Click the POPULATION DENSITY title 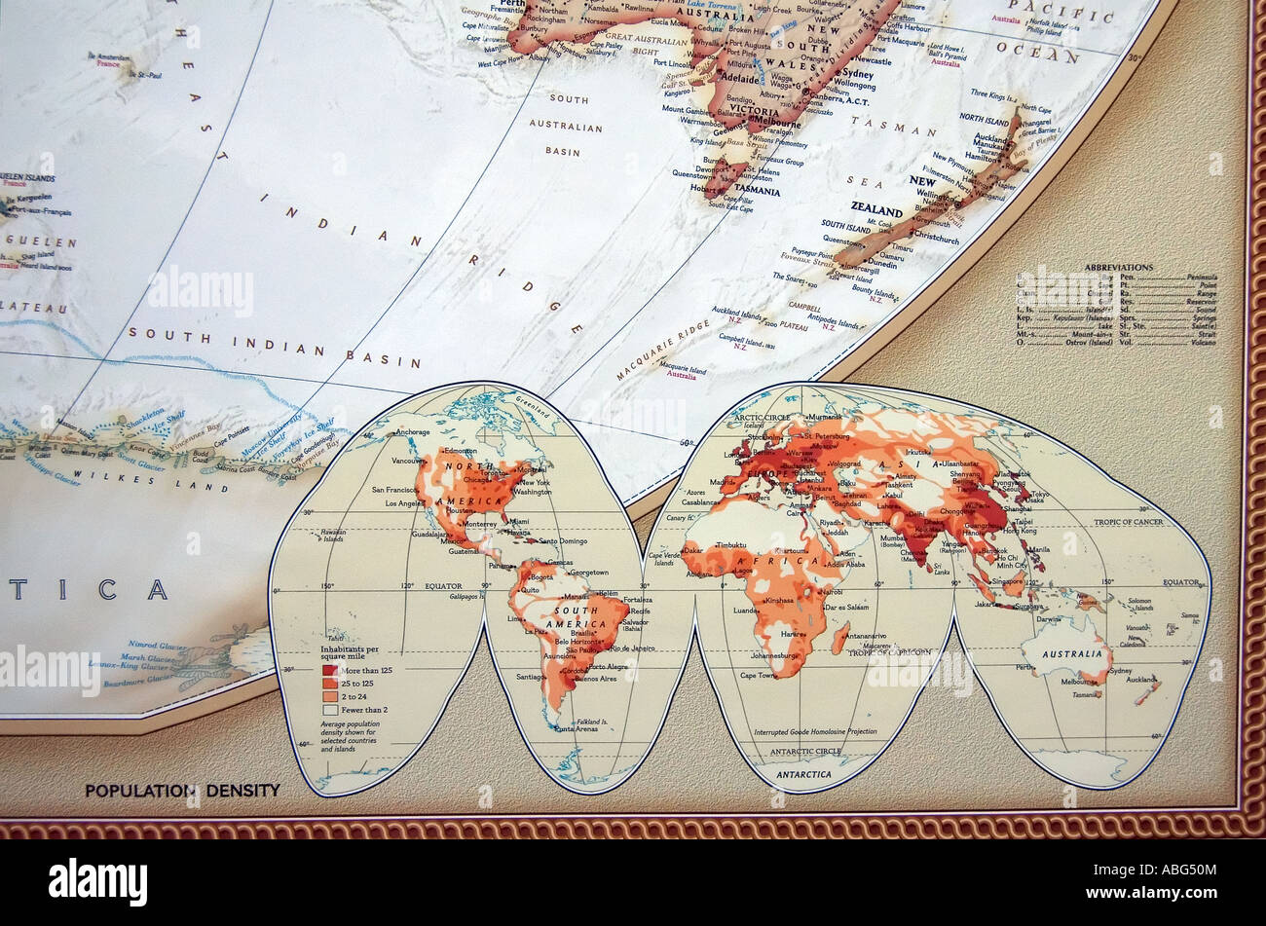click(x=182, y=791)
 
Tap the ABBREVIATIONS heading click(x=1118, y=267)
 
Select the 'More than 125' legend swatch click(x=328, y=671)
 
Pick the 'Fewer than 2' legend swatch click(x=328, y=711)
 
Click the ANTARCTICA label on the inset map click(x=804, y=774)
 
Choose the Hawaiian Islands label click(x=333, y=534)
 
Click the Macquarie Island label click(x=682, y=369)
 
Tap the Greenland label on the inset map click(x=534, y=400)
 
